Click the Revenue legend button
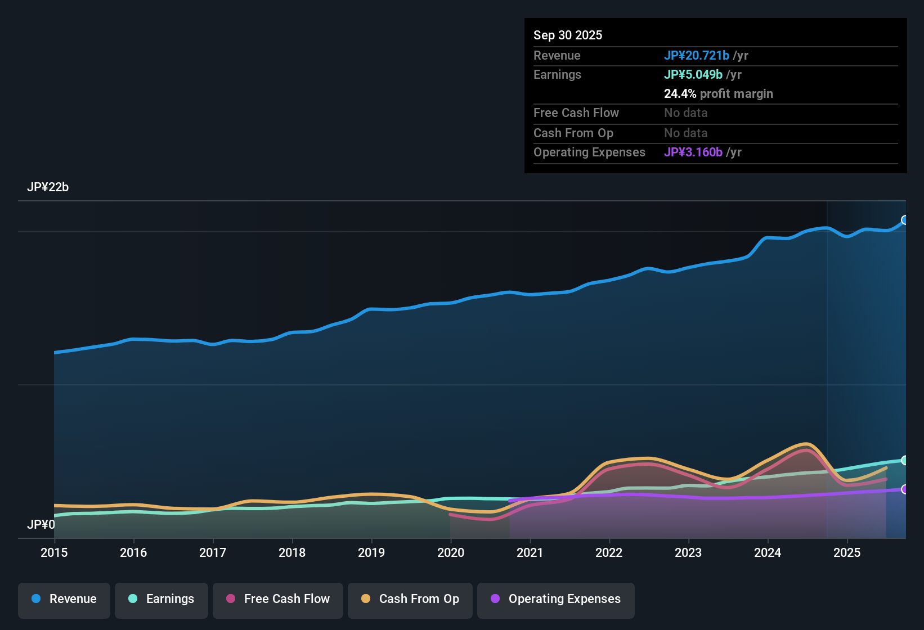coord(64,599)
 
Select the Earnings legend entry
coord(162,599)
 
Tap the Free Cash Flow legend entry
coord(278,599)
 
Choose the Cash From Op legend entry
coord(410,599)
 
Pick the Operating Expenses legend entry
coord(556,599)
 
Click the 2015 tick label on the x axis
coord(54,552)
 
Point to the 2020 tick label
coord(451,552)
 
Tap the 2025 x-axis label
coord(847,552)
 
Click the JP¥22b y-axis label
coord(48,187)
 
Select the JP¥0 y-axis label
coord(41,525)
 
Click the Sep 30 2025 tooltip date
coord(568,35)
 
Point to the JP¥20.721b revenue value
coord(697,55)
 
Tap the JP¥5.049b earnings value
coord(693,74)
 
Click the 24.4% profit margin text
coord(719,93)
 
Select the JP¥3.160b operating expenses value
coord(693,152)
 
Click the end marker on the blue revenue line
coord(905,220)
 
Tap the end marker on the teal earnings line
coord(905,460)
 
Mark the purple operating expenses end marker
coord(905,489)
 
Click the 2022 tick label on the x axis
coord(609,552)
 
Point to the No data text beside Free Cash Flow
coord(686,112)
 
